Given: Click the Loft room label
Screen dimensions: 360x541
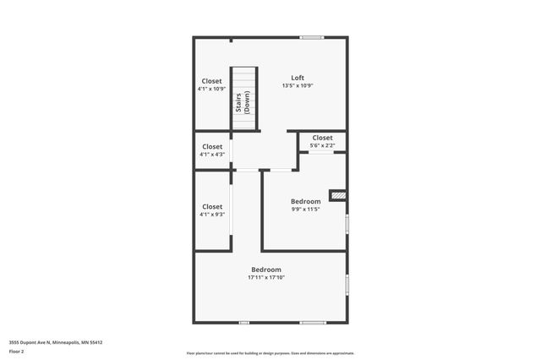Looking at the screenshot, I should [x=298, y=77].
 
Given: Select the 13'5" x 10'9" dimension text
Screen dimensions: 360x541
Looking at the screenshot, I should [x=298, y=85].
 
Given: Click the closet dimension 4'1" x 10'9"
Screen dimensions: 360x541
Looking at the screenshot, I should [x=212, y=89].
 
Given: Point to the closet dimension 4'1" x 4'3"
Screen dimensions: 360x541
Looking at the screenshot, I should [x=212, y=155].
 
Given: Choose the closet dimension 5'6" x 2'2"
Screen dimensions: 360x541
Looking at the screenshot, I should [x=322, y=146].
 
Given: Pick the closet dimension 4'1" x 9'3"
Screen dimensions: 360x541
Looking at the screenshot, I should [x=212, y=215].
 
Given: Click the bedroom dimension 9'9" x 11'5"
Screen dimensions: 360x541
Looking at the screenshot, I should [x=305, y=210].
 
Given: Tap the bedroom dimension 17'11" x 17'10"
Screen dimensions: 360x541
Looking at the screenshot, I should [x=266, y=277].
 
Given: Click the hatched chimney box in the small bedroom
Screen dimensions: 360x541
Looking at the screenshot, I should [x=338, y=195].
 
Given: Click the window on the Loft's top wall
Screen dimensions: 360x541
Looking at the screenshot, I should [x=312, y=37].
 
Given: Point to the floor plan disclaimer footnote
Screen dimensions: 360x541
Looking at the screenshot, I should [x=270, y=353].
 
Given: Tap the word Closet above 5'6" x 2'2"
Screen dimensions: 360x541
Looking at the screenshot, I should [x=322, y=138].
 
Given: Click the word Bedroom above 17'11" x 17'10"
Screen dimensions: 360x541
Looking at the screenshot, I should [x=266, y=269].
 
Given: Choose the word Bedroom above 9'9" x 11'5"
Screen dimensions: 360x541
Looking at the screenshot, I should [x=305, y=201].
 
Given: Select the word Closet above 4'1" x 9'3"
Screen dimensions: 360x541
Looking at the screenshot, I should [x=212, y=206].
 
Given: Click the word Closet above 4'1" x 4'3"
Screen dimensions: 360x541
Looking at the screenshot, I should [x=212, y=146].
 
